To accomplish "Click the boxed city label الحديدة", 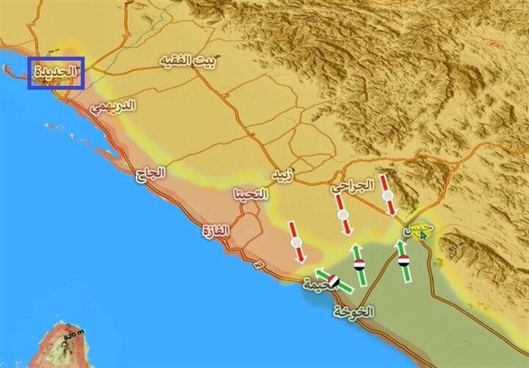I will point(56,73).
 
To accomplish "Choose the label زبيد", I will point(281,176).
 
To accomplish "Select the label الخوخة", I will point(353,311).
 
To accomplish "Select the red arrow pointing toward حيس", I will point(387,195).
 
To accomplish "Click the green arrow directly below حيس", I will point(403,261).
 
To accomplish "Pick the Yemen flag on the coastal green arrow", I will point(334,281).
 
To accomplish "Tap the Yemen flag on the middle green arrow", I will point(359,264).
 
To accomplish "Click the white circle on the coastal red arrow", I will point(296,242).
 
